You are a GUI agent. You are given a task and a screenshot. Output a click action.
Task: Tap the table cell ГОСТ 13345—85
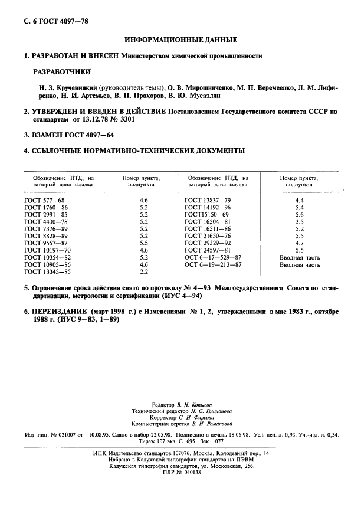(x=47, y=272)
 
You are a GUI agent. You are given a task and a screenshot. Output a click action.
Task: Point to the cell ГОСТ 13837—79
(x=208, y=201)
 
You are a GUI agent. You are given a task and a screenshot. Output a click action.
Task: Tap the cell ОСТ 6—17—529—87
(x=213, y=258)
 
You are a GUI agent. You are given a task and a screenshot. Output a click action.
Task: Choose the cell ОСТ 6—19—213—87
(x=213, y=265)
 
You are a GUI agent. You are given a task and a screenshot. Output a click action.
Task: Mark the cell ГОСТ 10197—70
(x=47, y=251)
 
